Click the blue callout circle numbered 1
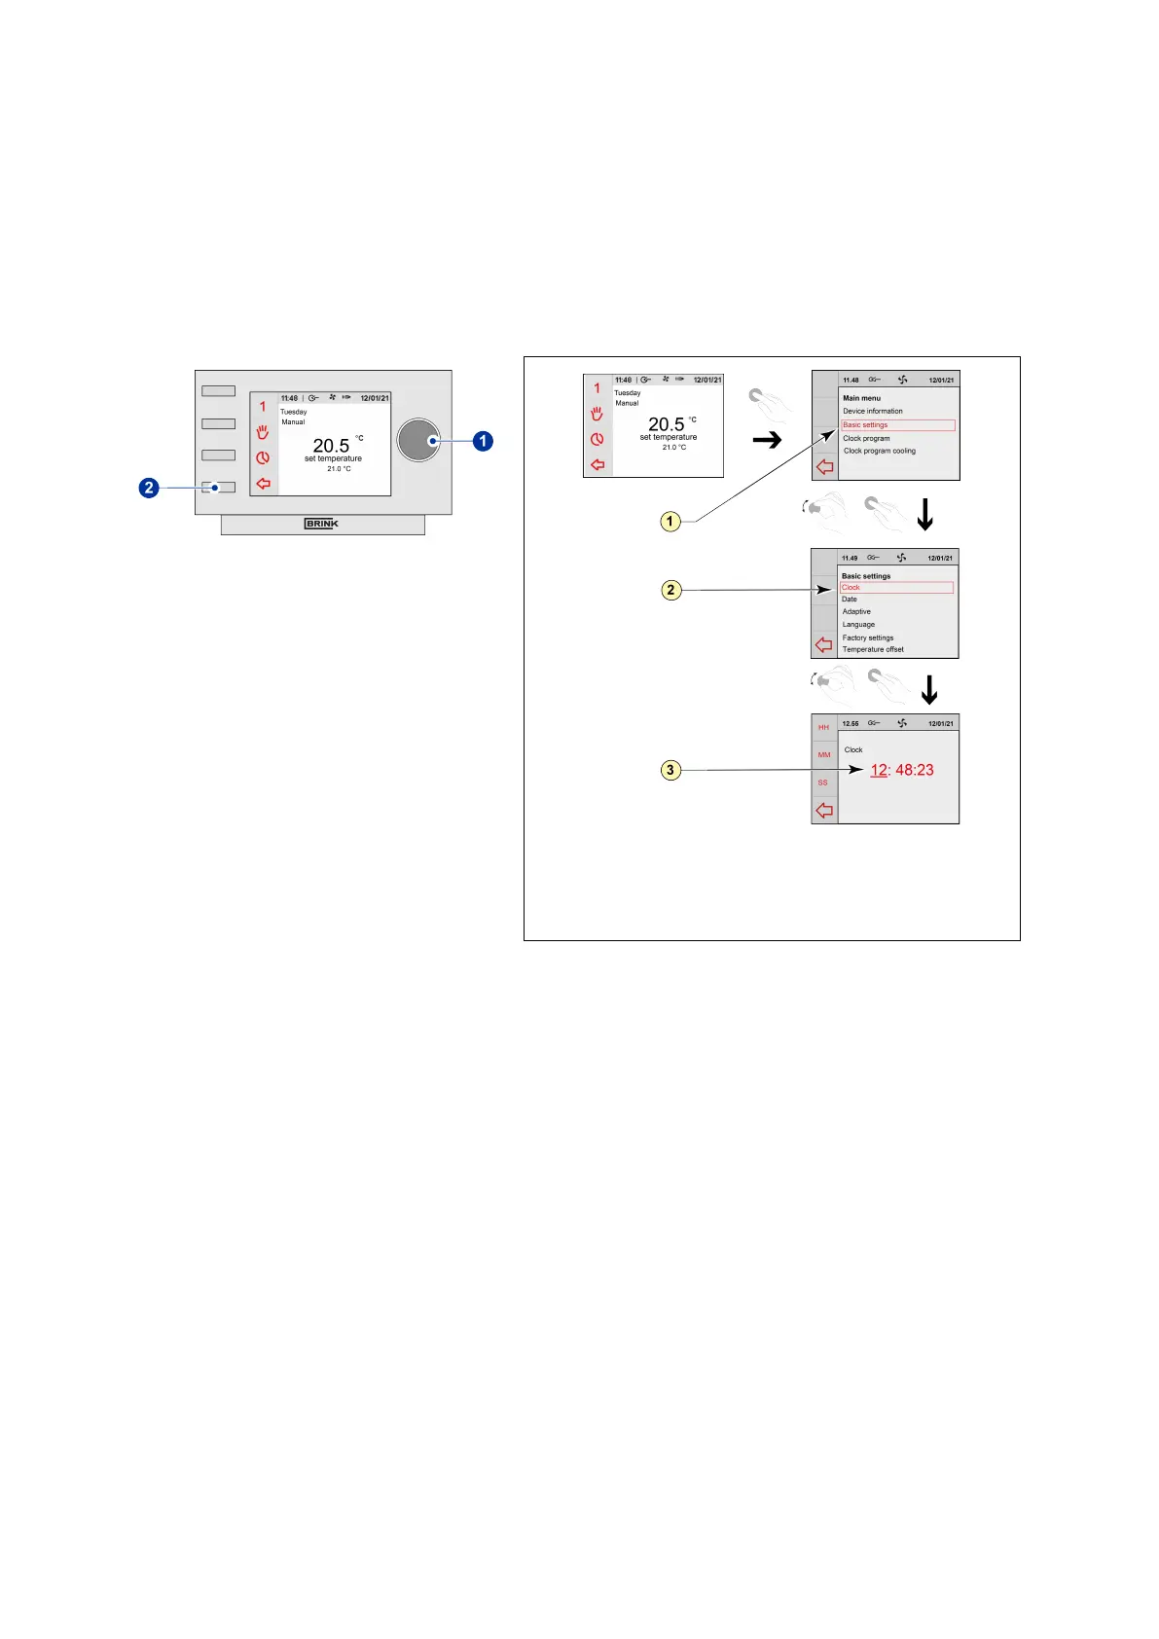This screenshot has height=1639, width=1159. (483, 441)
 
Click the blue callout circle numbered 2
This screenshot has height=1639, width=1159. (149, 487)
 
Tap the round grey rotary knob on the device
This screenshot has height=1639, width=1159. (418, 441)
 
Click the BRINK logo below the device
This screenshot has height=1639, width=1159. (321, 524)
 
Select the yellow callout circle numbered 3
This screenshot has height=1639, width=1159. (670, 770)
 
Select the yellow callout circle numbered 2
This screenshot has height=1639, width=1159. (670, 590)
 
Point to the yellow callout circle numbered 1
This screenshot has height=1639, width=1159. (670, 521)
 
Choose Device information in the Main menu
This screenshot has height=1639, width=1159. (872, 411)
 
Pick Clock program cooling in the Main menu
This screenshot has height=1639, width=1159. (879, 451)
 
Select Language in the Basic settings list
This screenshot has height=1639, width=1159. (858, 625)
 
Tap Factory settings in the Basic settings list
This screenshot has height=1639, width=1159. (867, 637)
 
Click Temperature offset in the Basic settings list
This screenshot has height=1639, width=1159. (873, 649)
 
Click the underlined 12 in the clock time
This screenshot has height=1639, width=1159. (879, 770)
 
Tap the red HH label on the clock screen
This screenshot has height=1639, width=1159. (823, 728)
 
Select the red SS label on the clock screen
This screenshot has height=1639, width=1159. (823, 783)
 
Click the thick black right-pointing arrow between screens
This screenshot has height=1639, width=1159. (768, 441)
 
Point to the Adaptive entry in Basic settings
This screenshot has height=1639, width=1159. (856, 612)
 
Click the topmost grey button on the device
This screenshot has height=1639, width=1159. (218, 391)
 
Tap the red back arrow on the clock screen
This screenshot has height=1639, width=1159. (824, 810)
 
